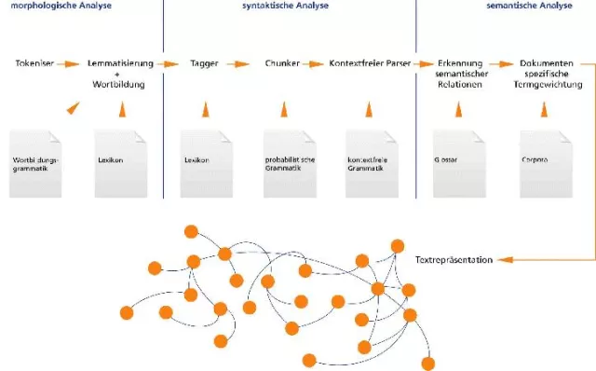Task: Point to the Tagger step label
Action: pos(204,64)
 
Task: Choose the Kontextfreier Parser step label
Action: pos(370,64)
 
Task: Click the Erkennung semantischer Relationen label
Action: pos(462,74)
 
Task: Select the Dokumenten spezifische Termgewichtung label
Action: pos(547,74)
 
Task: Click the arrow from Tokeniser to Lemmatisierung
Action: pos(69,64)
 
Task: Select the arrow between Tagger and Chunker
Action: pos(239,64)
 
